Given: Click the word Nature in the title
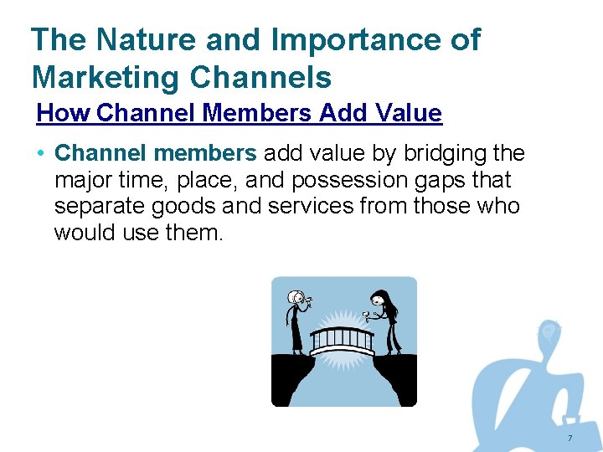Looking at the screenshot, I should [x=136, y=39].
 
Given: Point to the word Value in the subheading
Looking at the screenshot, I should [x=410, y=113].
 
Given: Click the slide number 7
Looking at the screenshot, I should [x=569, y=439].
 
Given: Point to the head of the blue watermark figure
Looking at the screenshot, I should [x=549, y=332].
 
